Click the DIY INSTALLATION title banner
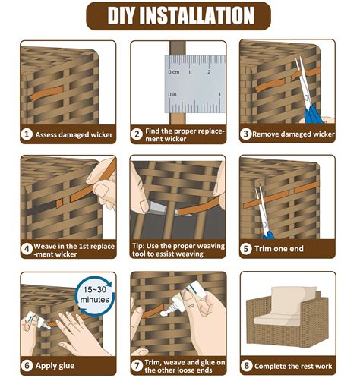(180, 16)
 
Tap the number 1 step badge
(27, 134)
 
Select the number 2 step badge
(137, 134)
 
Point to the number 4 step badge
(27, 249)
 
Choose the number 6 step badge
(27, 364)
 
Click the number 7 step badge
(137, 364)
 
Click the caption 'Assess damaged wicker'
(73, 134)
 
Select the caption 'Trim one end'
(284, 249)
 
